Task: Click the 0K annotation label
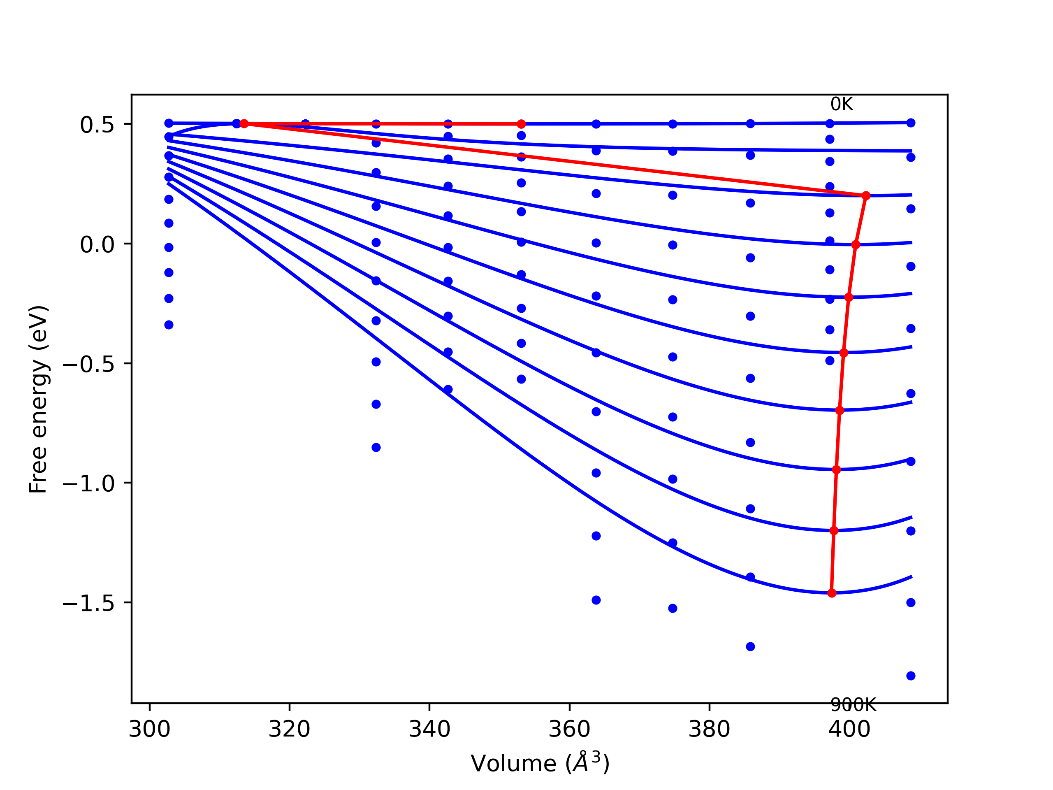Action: click(842, 104)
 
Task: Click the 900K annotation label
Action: click(853, 705)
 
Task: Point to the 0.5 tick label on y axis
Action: click(97, 125)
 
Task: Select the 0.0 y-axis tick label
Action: click(97, 245)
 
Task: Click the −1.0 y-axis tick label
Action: click(89, 484)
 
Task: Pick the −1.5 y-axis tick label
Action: click(89, 603)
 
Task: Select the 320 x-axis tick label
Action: click(290, 730)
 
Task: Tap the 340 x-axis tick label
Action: click(429, 730)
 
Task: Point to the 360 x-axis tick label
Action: click(569, 730)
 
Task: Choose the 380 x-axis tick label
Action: click(709, 730)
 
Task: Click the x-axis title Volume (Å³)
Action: click(540, 763)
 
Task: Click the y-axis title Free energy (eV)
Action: click(38, 399)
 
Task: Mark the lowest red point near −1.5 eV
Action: click(832, 593)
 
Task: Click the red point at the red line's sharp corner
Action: click(866, 196)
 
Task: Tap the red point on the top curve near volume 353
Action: click(521, 124)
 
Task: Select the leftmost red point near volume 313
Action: click(244, 123)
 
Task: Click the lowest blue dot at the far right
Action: click(911, 676)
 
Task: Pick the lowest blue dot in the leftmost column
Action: click(169, 325)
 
